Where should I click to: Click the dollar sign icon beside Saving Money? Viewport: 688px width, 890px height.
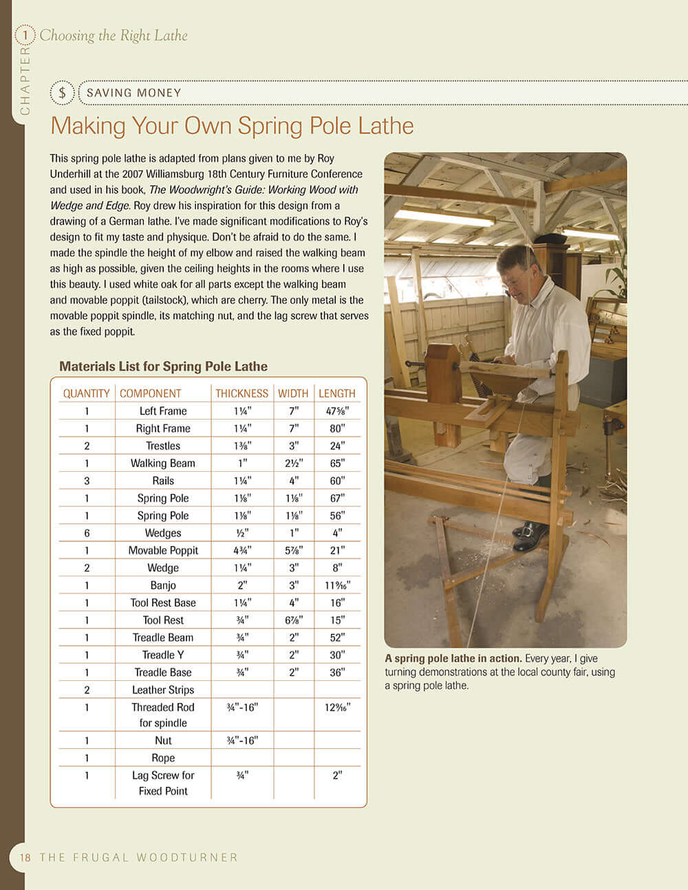click(x=62, y=93)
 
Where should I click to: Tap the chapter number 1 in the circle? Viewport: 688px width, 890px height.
click(x=25, y=34)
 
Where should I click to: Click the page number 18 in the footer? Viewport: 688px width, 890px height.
click(x=25, y=858)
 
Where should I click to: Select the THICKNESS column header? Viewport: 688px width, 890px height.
click(x=241, y=393)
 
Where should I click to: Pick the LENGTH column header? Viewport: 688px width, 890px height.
click(x=336, y=393)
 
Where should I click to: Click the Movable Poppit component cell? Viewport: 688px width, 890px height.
click(x=163, y=550)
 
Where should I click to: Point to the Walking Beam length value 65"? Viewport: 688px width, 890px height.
click(x=336, y=464)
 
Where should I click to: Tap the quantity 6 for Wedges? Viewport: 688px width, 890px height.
click(x=87, y=533)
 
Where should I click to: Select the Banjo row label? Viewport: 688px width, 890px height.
click(x=163, y=585)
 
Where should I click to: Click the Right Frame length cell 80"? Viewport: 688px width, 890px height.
click(x=336, y=428)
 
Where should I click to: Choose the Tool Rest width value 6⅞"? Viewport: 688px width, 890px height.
click(x=294, y=620)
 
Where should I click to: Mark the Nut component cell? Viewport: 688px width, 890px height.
click(x=163, y=741)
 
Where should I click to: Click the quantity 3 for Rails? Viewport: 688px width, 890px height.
click(x=87, y=481)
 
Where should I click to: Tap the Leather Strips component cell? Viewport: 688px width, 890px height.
click(x=163, y=690)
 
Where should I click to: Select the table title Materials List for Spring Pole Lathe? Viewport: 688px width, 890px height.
click(x=163, y=367)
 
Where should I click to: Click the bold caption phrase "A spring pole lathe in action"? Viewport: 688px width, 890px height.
click(x=453, y=658)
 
